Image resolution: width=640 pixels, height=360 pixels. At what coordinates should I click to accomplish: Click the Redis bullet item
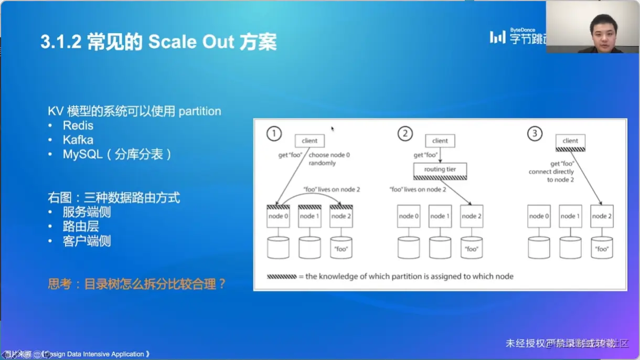(x=78, y=126)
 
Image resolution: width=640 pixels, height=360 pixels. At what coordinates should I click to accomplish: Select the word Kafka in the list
(x=78, y=140)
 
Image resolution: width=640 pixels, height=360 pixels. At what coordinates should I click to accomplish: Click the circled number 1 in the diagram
(x=274, y=134)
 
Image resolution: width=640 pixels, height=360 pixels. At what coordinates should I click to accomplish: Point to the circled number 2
(x=404, y=134)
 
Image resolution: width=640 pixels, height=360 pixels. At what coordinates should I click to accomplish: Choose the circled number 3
(x=535, y=134)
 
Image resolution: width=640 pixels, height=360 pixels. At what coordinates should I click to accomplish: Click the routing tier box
(x=440, y=170)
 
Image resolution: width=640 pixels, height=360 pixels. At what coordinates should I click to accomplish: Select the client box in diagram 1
(x=310, y=141)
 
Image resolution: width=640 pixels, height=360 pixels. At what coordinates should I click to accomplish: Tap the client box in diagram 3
(x=570, y=141)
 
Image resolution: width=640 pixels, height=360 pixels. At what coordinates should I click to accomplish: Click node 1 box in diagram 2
(x=440, y=216)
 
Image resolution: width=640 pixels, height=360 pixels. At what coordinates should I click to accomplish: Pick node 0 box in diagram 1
(x=278, y=216)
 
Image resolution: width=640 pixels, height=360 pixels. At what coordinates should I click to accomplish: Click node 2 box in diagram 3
(x=602, y=216)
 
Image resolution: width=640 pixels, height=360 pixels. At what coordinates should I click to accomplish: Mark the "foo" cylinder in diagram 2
(x=472, y=248)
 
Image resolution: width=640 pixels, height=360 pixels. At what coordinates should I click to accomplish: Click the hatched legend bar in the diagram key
(x=282, y=277)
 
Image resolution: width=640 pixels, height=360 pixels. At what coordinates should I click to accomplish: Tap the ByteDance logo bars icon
(x=497, y=37)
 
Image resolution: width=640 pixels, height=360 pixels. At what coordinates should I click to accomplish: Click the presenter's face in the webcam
(x=603, y=30)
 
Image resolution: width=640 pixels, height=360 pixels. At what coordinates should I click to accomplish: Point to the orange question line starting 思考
(x=137, y=284)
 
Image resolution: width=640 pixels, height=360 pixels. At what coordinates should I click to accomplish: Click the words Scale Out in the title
(x=191, y=42)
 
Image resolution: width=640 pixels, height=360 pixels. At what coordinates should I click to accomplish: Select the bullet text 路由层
(x=81, y=227)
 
